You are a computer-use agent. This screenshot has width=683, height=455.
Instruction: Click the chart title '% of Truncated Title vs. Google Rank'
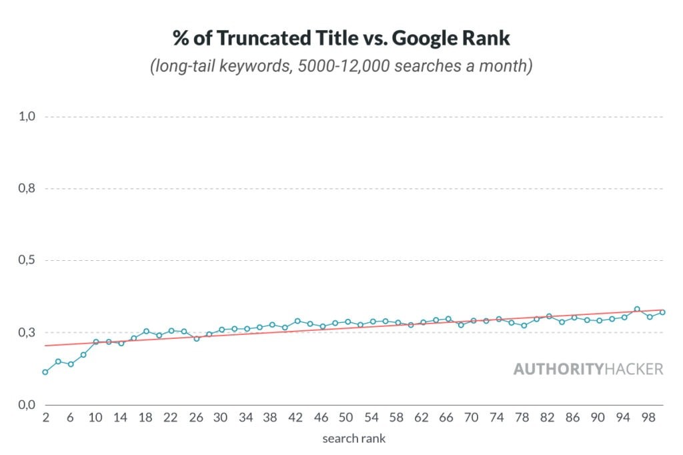click(x=341, y=38)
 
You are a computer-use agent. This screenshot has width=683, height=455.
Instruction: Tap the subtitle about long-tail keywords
click(x=341, y=67)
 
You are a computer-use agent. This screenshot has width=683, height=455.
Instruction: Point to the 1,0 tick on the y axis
click(x=26, y=117)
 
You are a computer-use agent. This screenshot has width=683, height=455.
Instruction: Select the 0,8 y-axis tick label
click(x=26, y=189)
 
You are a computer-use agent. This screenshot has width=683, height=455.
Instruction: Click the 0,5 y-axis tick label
click(x=26, y=261)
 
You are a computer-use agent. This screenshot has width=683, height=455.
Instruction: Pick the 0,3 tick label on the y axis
click(x=26, y=333)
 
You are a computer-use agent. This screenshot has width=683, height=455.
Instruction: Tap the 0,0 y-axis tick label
click(x=26, y=405)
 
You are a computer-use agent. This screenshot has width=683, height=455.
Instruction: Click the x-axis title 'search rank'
click(x=354, y=438)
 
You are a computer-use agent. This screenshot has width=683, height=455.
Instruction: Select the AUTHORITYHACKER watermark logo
click(x=588, y=369)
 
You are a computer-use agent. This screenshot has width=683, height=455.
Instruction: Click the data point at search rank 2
click(x=45, y=372)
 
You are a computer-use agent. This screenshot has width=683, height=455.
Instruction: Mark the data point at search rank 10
click(x=95, y=342)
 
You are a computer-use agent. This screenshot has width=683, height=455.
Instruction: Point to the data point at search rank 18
click(x=146, y=331)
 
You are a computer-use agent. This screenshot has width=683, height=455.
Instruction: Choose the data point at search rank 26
click(x=196, y=338)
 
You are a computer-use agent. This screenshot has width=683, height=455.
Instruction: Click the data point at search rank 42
click(x=297, y=321)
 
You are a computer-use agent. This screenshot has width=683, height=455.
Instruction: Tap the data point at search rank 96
click(x=637, y=309)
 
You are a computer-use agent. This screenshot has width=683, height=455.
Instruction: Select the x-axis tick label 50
click(x=346, y=418)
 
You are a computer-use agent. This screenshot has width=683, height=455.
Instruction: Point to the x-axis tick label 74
click(x=497, y=418)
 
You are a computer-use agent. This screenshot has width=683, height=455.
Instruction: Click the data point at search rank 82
click(x=549, y=316)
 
